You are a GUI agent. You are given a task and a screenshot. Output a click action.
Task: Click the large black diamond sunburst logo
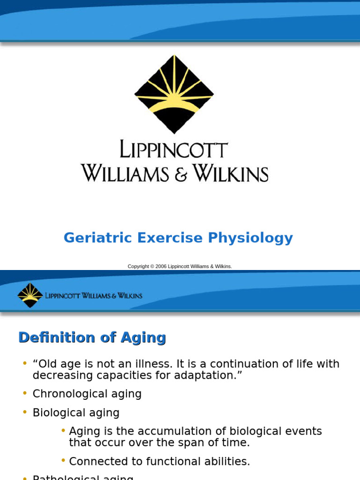pos(174,94)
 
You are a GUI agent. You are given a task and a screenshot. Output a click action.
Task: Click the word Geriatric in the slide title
pos(98,238)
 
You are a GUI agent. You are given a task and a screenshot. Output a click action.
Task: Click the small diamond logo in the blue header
pos(30,295)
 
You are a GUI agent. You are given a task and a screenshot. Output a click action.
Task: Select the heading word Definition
pos(57,337)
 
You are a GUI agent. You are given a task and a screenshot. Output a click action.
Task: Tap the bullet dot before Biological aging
pos(25,412)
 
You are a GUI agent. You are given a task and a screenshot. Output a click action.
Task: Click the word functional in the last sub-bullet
pos(177,461)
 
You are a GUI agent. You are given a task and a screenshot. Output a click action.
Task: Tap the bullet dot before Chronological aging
pos(25,393)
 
